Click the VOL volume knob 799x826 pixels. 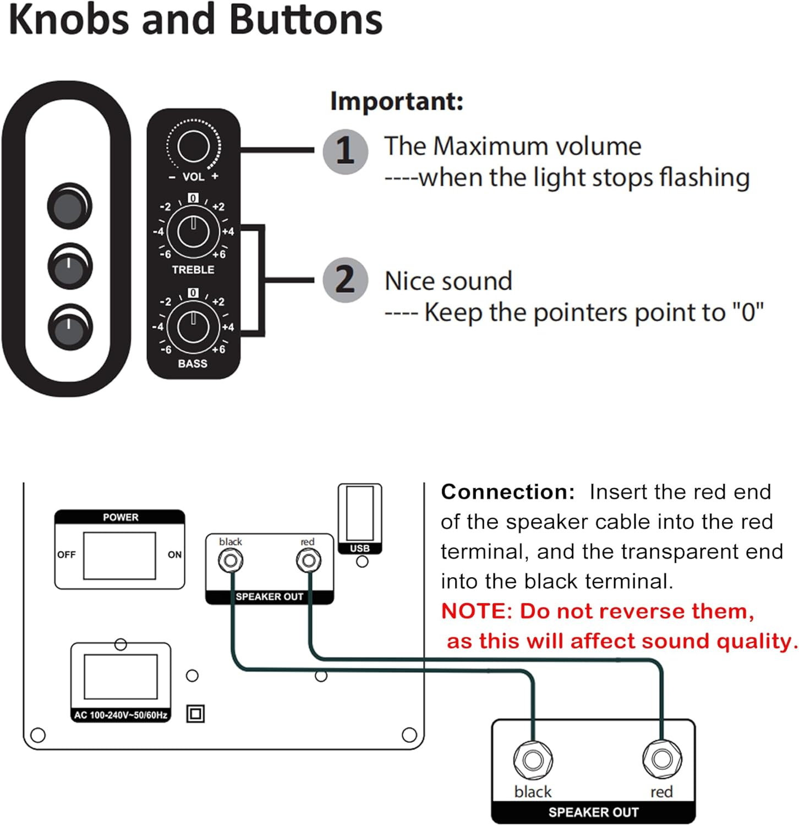[193, 146]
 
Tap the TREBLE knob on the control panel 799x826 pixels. [193, 231]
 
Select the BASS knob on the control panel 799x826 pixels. [193, 327]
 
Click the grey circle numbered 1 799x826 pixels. [345, 151]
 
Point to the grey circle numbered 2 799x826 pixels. [345, 280]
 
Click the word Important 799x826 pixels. [396, 101]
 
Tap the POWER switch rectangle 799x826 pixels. [119, 555]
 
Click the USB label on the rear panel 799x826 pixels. [360, 548]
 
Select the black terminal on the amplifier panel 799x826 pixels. [231, 561]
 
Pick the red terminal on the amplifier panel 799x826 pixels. [308, 561]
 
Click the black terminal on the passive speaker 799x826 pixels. [533, 760]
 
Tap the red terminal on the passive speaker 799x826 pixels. [661, 759]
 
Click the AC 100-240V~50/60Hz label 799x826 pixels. [121, 715]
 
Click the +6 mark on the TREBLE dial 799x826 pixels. [219, 254]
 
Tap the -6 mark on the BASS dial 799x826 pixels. [165, 350]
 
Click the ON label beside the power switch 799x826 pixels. [174, 555]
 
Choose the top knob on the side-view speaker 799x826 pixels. [69, 205]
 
